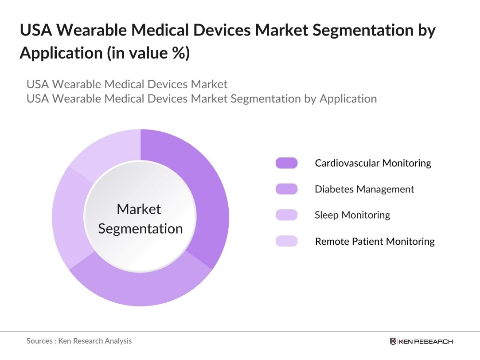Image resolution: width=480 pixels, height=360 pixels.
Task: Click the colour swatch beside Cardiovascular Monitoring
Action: pos(286,163)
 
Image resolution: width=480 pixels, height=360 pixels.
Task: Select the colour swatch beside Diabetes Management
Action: pos(286,189)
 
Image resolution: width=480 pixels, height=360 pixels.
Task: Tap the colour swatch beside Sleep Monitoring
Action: pos(286,215)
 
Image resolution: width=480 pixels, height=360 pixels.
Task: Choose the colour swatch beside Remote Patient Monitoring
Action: pos(286,241)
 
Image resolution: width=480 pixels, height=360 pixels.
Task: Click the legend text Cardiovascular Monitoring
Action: pos(373,163)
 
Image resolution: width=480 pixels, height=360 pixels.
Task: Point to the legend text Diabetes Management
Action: pos(364,189)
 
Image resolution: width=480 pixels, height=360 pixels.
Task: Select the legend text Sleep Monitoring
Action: pos(352,215)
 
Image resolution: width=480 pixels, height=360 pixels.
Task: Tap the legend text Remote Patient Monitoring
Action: pos(375,241)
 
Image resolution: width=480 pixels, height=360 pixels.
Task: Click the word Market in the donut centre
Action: pos(139,209)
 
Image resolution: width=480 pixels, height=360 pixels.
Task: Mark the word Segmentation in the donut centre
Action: pos(140,229)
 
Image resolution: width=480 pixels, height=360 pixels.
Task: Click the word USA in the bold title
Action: pos(36,31)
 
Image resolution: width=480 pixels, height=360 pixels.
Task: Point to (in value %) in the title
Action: pos(148,53)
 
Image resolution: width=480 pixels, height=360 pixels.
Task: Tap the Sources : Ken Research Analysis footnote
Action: pos(79,341)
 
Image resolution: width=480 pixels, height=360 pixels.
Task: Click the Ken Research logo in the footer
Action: pos(421,341)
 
